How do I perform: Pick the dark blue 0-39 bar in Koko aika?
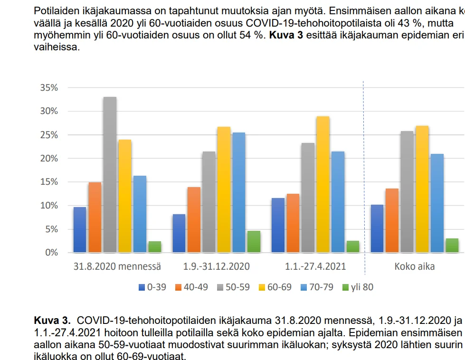coord(377,228)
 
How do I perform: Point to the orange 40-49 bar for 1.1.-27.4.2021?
coord(293,223)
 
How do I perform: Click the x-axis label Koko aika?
coord(414,266)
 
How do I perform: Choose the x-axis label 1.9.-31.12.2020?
coord(216,266)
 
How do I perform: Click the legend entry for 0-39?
coord(152,287)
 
